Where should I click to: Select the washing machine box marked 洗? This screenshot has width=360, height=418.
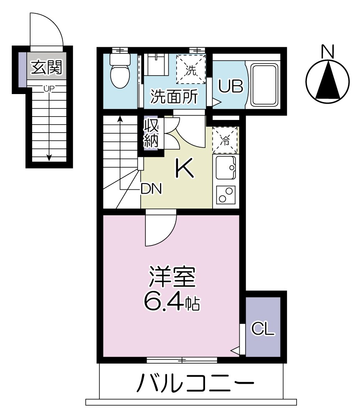tap(190, 69)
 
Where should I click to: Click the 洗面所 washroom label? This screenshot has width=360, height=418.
tap(175, 97)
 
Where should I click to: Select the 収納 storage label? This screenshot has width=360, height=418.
tap(151, 133)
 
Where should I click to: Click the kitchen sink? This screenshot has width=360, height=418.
tap(226, 167)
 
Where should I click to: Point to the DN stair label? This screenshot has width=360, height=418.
tap(151, 189)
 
